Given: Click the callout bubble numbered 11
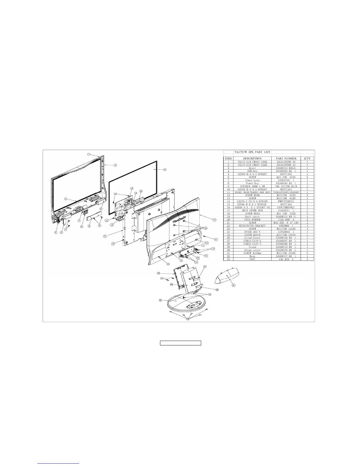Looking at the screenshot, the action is click(165, 170).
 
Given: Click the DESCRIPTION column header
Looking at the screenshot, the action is click(252, 158).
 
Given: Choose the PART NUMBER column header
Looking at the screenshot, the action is click(286, 158).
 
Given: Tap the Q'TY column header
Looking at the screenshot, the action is click(307, 158).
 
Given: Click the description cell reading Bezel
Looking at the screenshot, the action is click(252, 168).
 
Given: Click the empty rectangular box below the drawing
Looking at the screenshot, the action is click(180, 343).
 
